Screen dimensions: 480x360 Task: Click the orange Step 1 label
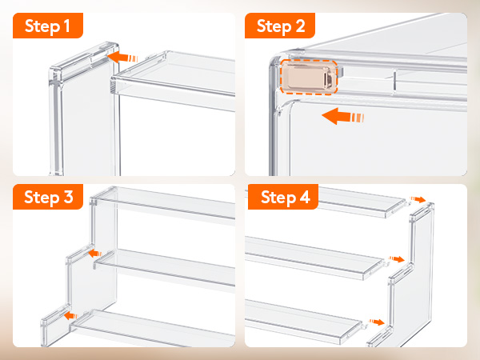48,26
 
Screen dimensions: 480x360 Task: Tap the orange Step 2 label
280,26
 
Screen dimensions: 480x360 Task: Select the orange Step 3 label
48,197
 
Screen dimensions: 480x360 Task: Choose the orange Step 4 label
283,197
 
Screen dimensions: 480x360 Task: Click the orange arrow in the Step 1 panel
122,58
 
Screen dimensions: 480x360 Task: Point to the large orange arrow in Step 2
343,116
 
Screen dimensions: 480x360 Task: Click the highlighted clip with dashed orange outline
309,77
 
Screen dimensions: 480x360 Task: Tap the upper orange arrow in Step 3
95,254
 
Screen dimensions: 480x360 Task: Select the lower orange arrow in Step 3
71,316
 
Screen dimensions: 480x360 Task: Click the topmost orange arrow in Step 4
418,199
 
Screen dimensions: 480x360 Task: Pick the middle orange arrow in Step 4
397,259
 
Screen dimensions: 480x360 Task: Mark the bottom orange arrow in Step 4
377,322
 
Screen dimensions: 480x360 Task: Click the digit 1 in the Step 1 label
66,26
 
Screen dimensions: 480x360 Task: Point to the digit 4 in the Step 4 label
305,197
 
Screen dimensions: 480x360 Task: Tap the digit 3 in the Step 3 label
69,197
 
